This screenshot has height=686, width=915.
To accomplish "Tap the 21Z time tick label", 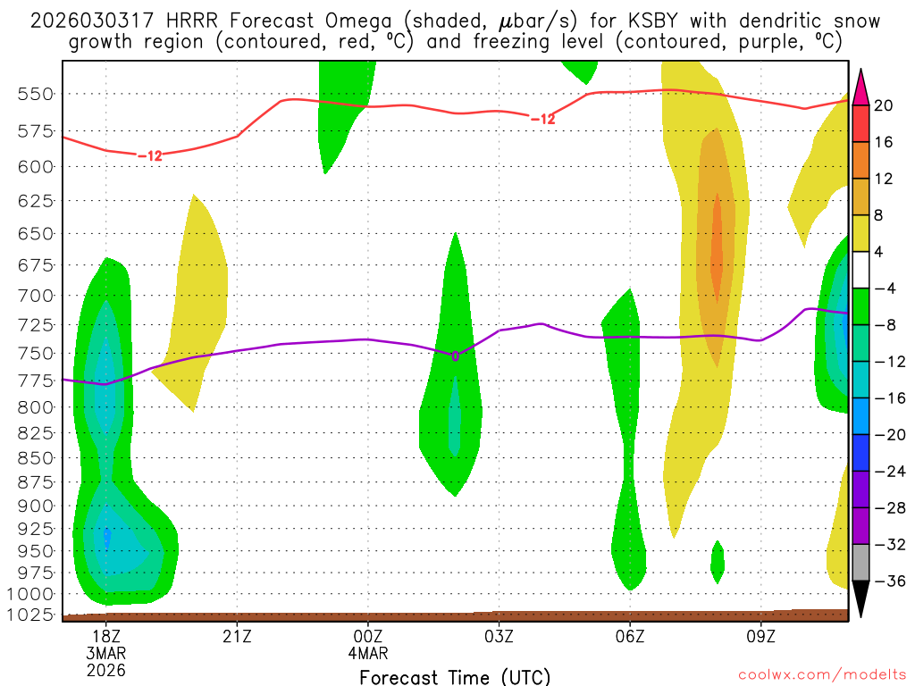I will [x=237, y=638].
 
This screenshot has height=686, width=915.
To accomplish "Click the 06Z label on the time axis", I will [x=630, y=638].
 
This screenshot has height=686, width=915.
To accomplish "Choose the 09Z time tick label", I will [x=760, y=638].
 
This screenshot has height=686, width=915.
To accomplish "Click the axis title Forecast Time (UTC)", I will [x=455, y=677].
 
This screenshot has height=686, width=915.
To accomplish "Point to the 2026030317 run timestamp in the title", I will [x=85, y=21].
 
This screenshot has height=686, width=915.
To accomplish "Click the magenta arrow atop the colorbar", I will [x=861, y=86].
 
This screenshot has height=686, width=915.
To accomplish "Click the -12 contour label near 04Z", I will [x=542, y=120].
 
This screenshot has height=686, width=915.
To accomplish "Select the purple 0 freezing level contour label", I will [x=455, y=356].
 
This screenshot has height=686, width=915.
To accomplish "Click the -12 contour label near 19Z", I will [x=149, y=156].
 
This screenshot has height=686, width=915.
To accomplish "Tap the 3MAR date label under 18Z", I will [x=106, y=654].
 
